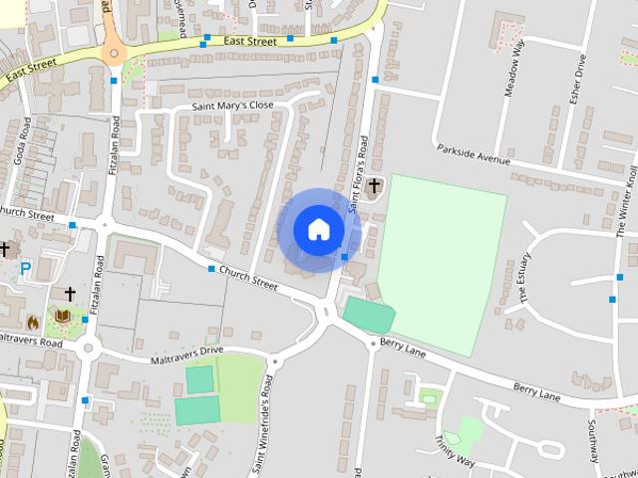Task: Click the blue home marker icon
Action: click(x=318, y=229)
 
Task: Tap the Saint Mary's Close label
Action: click(x=231, y=105)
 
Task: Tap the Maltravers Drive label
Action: click(x=186, y=354)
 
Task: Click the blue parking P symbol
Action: click(x=24, y=269)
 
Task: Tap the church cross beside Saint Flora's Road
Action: click(x=375, y=185)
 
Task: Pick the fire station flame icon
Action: click(x=32, y=323)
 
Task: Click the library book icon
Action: click(x=62, y=317)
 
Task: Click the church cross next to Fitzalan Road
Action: click(x=70, y=294)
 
